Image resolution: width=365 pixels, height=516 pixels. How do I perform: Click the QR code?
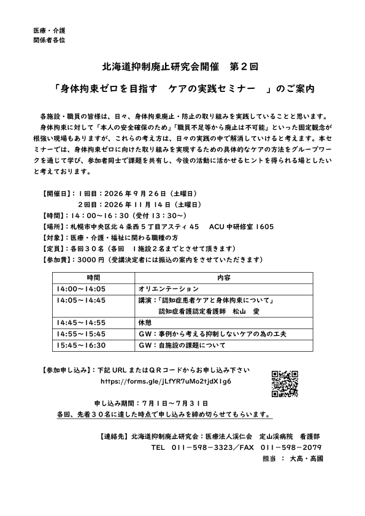coord(285,384)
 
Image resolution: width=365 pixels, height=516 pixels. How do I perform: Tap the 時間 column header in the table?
coord(93,278)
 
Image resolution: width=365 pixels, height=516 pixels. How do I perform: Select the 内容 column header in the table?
coord(224,278)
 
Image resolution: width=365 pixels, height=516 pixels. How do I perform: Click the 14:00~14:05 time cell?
coord(81,288)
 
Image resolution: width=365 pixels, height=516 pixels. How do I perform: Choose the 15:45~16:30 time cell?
coord(81,345)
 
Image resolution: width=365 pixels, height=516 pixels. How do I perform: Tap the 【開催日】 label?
coord(59,193)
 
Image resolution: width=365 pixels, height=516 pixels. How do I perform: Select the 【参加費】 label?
coord(59,259)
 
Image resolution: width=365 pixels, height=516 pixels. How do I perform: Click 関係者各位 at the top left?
coord(49,40)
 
